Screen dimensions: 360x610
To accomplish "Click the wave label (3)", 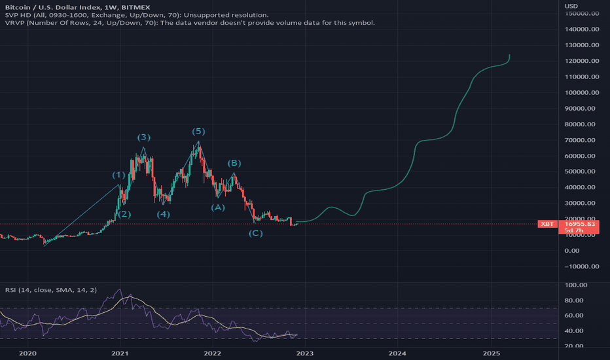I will pos(144,137).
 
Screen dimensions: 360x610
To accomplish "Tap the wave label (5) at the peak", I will pos(199,131).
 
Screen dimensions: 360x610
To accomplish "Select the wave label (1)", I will pos(118,175).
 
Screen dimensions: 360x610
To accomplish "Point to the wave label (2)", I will pos(124,214).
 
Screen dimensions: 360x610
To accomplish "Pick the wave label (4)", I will pos(163,214).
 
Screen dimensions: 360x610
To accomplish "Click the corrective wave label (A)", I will pos(217,207).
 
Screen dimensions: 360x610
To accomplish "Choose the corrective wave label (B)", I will pos(234,163).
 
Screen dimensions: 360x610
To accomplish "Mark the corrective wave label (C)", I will pos(256,233).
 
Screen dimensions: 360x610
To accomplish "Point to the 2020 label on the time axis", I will pos(27,353).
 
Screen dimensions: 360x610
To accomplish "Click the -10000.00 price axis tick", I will pos(579,266).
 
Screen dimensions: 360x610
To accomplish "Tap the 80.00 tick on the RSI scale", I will pos(573,301).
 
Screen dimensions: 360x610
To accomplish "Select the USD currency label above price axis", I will pos(570,6).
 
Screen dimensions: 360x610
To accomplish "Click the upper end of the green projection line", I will pos(510,55).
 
